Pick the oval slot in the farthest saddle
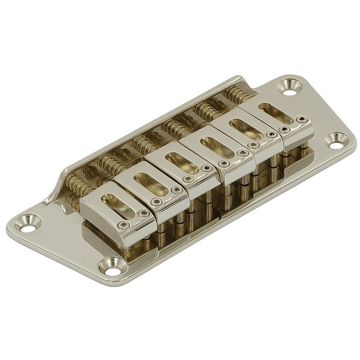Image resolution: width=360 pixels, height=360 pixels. [x=277, y=113]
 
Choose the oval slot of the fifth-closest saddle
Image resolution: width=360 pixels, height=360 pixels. [x=245, y=128]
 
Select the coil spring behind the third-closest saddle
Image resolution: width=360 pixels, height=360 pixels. [x=144, y=145]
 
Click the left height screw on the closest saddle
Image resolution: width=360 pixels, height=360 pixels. [x=124, y=226]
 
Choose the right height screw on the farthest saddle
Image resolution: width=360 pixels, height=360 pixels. [x=305, y=120]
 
